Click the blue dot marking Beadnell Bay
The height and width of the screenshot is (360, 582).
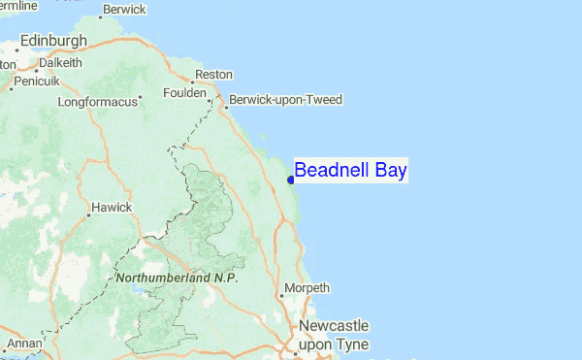tap(291, 179)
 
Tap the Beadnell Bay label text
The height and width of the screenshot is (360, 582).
tap(350, 171)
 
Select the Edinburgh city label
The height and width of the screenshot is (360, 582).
tap(52, 41)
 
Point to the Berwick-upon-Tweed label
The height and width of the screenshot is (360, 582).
tap(285, 100)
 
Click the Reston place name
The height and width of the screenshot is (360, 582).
tap(213, 75)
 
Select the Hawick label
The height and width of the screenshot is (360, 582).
tap(110, 207)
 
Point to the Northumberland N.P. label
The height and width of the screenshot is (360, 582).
tap(176, 278)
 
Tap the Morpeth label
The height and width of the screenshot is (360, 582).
tap(308, 288)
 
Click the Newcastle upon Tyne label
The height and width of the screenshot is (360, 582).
tap(333, 335)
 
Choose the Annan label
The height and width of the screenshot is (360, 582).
tap(24, 344)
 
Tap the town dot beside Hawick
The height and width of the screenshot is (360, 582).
tap(84, 208)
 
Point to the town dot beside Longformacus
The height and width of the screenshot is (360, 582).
tap(141, 98)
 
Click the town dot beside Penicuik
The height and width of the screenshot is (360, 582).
tap(11, 87)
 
